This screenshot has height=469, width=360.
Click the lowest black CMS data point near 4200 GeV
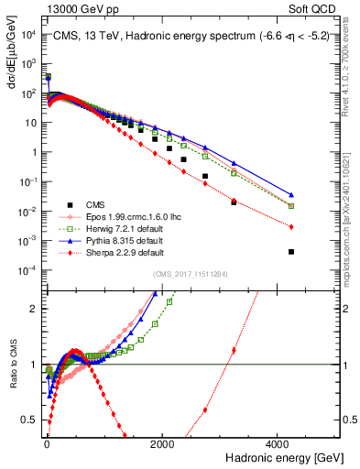click(x=291, y=251)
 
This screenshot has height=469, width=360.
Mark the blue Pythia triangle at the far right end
click(x=291, y=195)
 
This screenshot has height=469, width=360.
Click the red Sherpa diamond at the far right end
click(x=291, y=227)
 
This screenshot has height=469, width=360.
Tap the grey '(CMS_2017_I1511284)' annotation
click(x=190, y=276)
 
